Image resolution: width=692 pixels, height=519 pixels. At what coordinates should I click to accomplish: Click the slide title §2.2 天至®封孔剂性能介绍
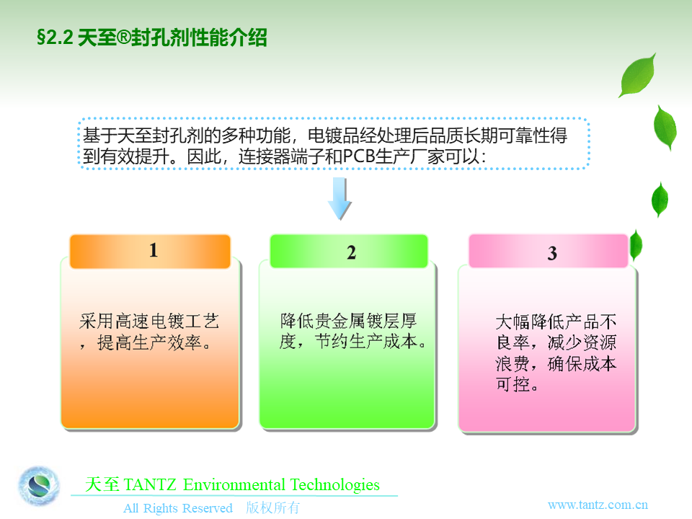pyautogui.click(x=152, y=37)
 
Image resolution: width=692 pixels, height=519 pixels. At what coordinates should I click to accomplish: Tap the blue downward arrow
pyautogui.click(x=340, y=199)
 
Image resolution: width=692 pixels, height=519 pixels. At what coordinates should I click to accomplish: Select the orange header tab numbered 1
pyautogui.click(x=150, y=251)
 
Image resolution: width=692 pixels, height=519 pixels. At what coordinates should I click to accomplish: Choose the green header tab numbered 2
pyautogui.click(x=349, y=251)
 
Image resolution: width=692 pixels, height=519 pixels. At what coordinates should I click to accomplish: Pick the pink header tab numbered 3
pyautogui.click(x=548, y=251)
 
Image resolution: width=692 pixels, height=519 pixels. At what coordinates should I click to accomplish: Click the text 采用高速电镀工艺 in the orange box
pyautogui.click(x=149, y=321)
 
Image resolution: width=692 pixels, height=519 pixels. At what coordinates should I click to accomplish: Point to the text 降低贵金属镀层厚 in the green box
pyautogui.click(x=348, y=321)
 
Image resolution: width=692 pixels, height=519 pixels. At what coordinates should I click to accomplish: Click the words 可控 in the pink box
pyautogui.click(x=513, y=384)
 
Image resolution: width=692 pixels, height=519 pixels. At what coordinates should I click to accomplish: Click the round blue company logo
pyautogui.click(x=39, y=487)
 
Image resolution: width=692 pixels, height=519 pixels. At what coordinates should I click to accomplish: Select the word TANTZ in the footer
pyautogui.click(x=150, y=485)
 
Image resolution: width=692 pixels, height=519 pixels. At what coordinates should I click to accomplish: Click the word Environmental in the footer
pyautogui.click(x=234, y=485)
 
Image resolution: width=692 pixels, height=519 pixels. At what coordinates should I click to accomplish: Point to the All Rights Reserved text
pyautogui.click(x=178, y=508)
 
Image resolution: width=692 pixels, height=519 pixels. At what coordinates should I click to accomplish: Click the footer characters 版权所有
pyautogui.click(x=272, y=507)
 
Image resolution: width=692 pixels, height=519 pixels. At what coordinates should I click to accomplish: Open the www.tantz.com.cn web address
pyautogui.click(x=598, y=505)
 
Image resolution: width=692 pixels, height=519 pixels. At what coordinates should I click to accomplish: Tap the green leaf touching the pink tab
pyautogui.click(x=636, y=245)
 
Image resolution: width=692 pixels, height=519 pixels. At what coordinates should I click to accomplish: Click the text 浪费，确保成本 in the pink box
pyautogui.click(x=556, y=363)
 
